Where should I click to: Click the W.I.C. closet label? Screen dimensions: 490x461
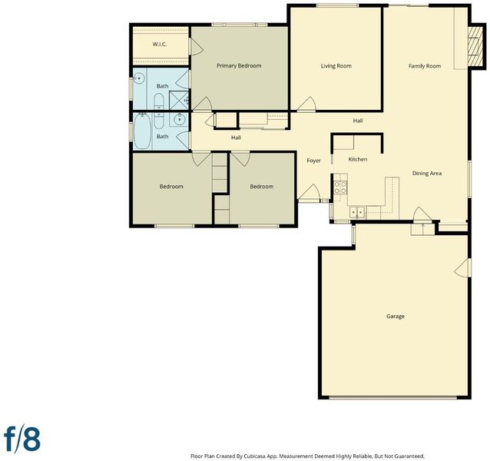pyautogui.click(x=160, y=44)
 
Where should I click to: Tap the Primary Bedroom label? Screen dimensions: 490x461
pyautogui.click(x=239, y=65)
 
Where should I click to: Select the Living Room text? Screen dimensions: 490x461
pyautogui.click(x=336, y=66)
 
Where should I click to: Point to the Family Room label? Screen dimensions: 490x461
pyautogui.click(x=425, y=66)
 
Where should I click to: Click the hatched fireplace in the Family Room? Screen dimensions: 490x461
pyautogui.click(x=477, y=46)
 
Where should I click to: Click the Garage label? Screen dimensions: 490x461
pyautogui.click(x=396, y=317)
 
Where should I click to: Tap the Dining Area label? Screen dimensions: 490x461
pyautogui.click(x=426, y=173)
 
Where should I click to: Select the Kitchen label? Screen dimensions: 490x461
pyautogui.click(x=357, y=159)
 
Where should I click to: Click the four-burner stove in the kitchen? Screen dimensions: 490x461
pyautogui.click(x=340, y=187)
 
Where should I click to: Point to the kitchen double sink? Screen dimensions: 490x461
pyautogui.click(x=357, y=212)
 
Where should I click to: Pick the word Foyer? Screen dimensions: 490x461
pyautogui.click(x=313, y=161)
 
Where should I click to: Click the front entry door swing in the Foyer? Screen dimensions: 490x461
pyautogui.click(x=309, y=192)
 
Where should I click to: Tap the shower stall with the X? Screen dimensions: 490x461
pyautogui.click(x=179, y=100)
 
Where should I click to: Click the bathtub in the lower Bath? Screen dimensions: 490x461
pyautogui.click(x=142, y=131)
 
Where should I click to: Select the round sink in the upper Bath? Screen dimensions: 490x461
pyautogui.click(x=139, y=78)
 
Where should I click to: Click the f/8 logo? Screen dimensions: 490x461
pyautogui.click(x=22, y=439)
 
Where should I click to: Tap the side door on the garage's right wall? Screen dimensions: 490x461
pyautogui.click(x=463, y=267)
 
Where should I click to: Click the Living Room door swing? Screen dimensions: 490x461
pyautogui.click(x=306, y=104)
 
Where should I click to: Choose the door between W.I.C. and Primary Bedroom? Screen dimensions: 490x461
pyautogui.click(x=196, y=48)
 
